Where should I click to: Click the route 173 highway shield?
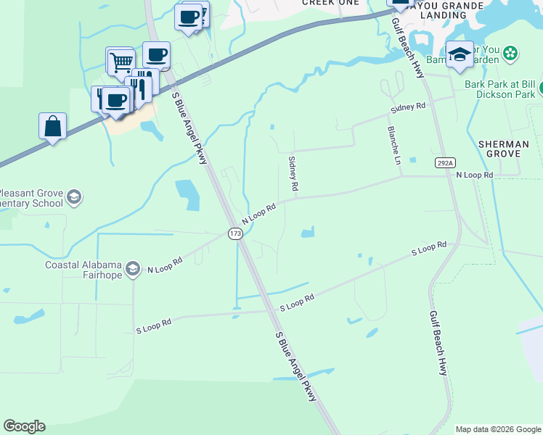(x=234, y=233)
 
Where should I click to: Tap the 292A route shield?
(x=444, y=163)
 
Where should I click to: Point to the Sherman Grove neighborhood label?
(x=504, y=149)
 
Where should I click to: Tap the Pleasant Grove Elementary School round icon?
(x=73, y=196)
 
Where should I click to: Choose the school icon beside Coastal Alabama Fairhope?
(x=133, y=270)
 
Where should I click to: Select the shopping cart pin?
(x=121, y=62)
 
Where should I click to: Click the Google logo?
(x=24, y=426)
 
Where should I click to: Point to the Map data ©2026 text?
(x=497, y=429)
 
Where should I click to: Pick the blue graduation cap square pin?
(x=460, y=55)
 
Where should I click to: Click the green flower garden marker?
(x=511, y=53)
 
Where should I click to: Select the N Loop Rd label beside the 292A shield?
(x=475, y=175)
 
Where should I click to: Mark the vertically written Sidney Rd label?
(x=293, y=174)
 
